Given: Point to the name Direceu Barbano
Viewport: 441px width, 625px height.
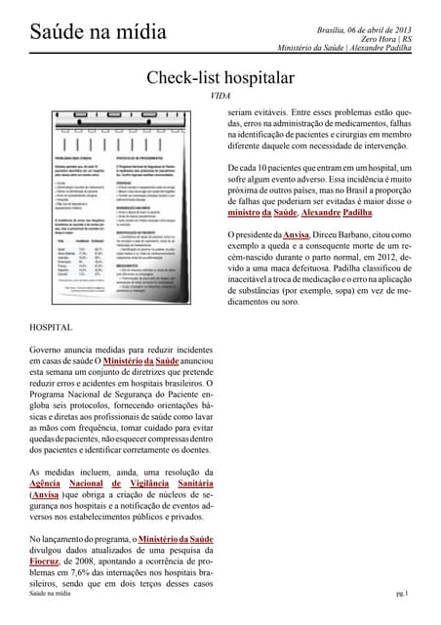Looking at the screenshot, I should (346, 235).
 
